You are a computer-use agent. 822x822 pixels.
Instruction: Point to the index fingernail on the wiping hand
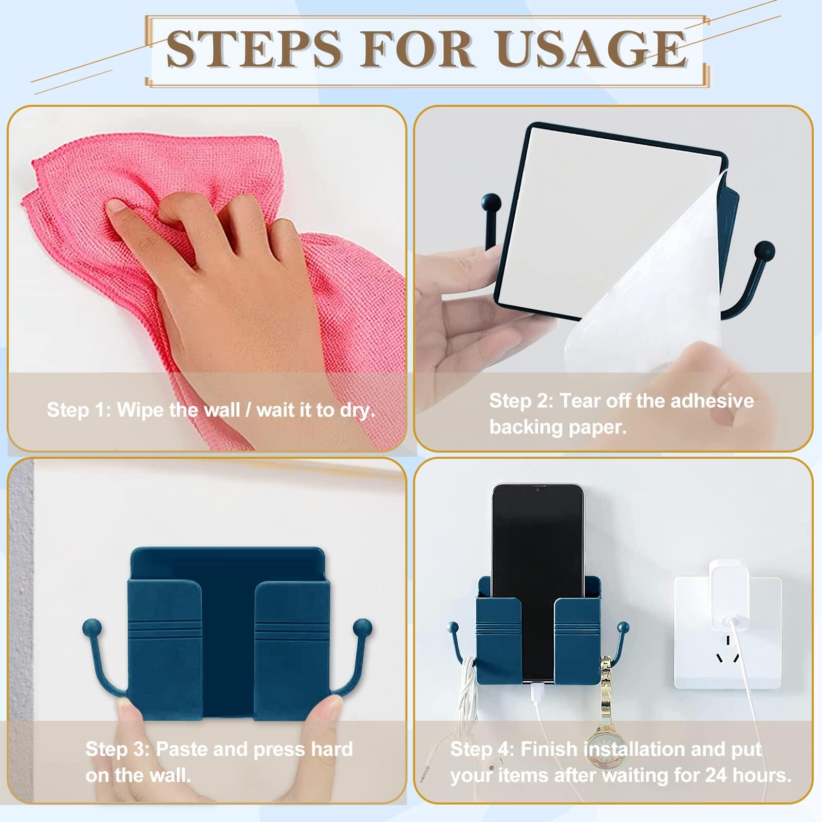point(116,207)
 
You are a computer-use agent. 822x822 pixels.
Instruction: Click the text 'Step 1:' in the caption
point(78,410)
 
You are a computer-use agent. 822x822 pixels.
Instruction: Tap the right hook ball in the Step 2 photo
point(764,250)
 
